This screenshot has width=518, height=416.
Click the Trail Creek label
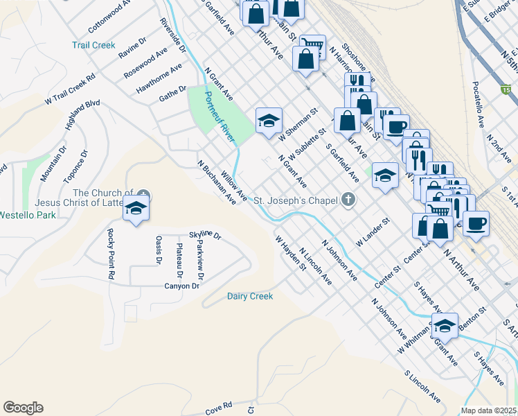tap(93, 45)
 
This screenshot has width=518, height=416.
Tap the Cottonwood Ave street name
tap(109, 17)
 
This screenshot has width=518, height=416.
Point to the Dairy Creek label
tap(250, 296)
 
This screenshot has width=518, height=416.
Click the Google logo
tap(23, 408)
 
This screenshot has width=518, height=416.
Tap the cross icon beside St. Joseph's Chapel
tap(348, 200)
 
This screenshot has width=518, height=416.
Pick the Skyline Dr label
tap(205, 236)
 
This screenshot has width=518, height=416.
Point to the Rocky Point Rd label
tap(110, 254)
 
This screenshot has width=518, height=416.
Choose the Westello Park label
tap(27, 214)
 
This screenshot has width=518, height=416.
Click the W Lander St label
tap(373, 232)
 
